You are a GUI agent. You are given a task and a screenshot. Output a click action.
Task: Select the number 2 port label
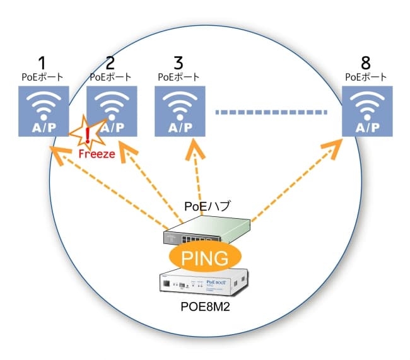tap(110, 63)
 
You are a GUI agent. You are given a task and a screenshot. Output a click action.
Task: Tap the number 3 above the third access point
tap(179, 63)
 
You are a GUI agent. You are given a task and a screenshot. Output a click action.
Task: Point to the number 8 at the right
tap(366, 63)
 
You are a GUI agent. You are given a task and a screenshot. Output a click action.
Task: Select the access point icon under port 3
tap(179, 112)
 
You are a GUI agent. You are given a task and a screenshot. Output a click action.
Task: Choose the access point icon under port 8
tap(366, 112)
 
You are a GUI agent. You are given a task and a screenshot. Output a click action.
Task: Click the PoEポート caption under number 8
tap(366, 78)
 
